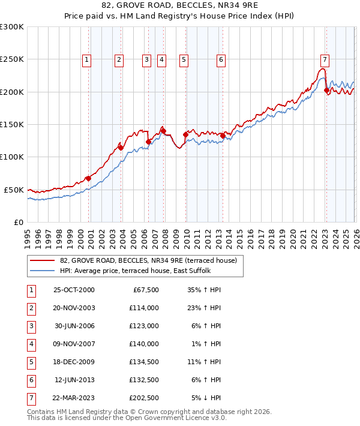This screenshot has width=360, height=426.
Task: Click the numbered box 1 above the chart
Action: (87, 59)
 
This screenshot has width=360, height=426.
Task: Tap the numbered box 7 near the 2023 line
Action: (325, 59)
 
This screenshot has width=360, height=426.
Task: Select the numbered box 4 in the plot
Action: (162, 59)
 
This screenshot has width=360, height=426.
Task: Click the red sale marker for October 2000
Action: (88, 178)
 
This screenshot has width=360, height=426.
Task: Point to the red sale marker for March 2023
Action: (326, 91)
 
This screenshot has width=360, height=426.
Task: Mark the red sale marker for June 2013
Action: (222, 136)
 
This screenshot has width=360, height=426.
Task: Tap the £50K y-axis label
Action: (14, 190)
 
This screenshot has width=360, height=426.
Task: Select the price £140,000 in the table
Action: (145, 344)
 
